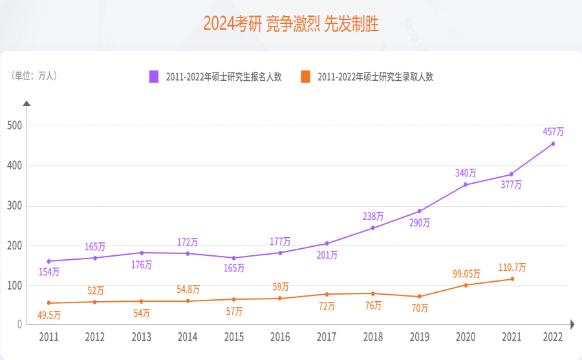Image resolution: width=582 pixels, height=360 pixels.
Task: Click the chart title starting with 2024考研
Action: [x=291, y=24]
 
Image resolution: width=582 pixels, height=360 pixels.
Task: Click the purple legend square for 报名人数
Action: [x=154, y=76]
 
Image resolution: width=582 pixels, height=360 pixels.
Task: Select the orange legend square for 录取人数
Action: [x=305, y=76]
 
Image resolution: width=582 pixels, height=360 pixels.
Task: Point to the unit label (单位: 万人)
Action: [x=35, y=76]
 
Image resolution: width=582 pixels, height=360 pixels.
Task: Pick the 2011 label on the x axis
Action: [x=48, y=337]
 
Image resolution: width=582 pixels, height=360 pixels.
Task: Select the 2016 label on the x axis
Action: [x=280, y=337]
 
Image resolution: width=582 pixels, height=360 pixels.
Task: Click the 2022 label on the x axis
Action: [x=553, y=337]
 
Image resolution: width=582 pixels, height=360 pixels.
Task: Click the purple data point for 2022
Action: [x=553, y=143]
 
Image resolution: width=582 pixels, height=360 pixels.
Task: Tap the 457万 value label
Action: [x=553, y=131]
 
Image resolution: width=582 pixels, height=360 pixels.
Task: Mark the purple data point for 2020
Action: [x=466, y=185]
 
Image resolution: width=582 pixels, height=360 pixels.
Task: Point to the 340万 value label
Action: [x=465, y=173]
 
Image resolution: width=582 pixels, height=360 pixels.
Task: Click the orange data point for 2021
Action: [x=512, y=279]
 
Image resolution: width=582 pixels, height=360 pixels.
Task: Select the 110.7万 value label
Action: [x=512, y=267]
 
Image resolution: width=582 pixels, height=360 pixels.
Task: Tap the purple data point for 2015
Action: [x=234, y=258]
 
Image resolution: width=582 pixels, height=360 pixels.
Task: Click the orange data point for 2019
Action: [x=420, y=297]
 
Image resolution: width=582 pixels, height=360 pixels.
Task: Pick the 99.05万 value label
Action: [x=466, y=273]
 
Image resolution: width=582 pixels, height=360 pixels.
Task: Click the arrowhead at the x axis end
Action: [x=572, y=324]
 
